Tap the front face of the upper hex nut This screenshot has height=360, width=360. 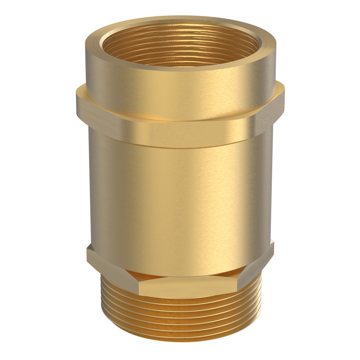click(187, 133)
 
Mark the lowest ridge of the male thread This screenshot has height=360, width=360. click(180, 339)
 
